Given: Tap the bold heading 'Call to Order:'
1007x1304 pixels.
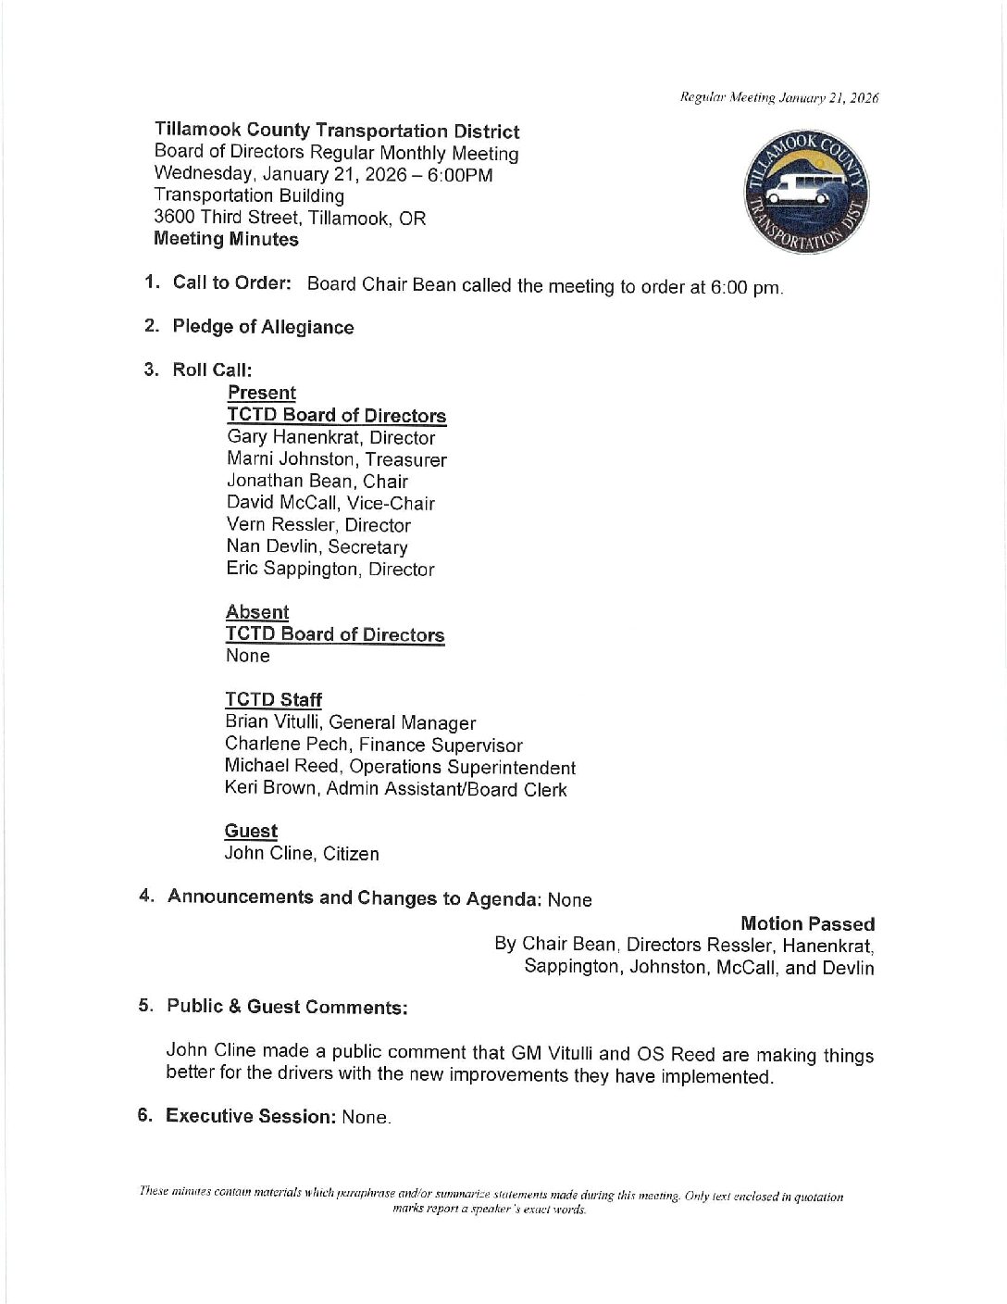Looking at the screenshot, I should [232, 282].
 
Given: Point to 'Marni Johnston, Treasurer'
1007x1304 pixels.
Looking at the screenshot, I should [337, 459].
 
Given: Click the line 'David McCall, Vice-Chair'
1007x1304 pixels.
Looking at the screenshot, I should [330, 503].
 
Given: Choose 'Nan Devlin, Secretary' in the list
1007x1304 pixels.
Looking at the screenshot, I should [317, 546].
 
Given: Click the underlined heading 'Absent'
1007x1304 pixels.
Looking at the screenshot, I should [257, 612].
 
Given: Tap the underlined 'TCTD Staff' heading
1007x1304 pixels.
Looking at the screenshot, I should [273, 699].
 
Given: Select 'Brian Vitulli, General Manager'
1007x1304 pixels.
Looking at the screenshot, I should [350, 722].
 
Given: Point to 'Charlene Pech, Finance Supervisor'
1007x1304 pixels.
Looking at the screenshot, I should [373, 745].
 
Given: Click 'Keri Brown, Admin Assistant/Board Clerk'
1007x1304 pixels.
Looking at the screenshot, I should [395, 789].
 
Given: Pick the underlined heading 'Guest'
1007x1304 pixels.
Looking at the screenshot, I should [251, 831].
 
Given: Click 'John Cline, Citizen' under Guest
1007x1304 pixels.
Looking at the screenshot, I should [302, 853].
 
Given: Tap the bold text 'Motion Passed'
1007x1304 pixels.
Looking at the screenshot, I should [807, 923].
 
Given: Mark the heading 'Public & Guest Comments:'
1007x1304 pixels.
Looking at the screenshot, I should [287, 1007].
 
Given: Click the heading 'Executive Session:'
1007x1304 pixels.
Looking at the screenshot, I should [250, 1115].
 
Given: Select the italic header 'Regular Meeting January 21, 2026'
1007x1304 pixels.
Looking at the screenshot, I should [779, 97].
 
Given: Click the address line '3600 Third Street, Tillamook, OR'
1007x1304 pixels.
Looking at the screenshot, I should [290, 218].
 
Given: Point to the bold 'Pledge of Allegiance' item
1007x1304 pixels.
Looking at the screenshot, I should [263, 326].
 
